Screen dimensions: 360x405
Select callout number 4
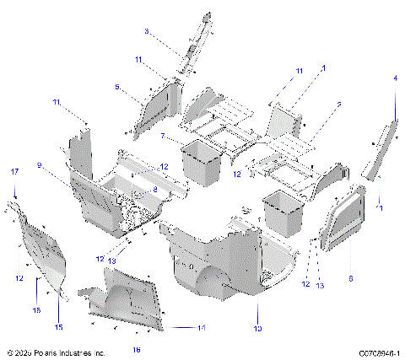(x=394, y=78)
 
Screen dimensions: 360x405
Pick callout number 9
(x=62, y=165)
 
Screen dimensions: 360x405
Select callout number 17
(x=14, y=172)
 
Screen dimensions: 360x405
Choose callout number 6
(x=350, y=277)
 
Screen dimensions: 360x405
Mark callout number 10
(x=258, y=327)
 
